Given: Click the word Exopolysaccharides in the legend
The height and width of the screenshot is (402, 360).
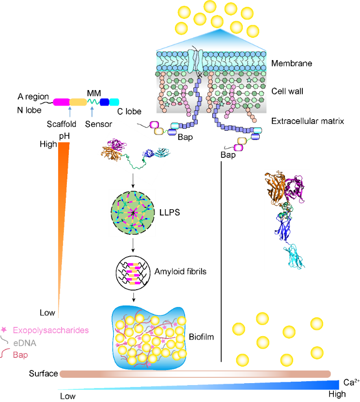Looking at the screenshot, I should (50, 330).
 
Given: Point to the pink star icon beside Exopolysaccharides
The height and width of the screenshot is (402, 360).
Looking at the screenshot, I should (4, 330).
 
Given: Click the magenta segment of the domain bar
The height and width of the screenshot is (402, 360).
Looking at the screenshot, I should (61, 102).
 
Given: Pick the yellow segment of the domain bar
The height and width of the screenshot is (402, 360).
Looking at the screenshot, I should (78, 102).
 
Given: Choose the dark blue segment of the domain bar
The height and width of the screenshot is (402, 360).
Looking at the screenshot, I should (104, 102).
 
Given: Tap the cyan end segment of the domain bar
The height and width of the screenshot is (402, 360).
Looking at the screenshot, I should (114, 102).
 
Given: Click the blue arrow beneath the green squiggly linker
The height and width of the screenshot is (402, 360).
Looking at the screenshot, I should (92, 112).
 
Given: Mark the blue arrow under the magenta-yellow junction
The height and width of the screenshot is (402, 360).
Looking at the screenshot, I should (70, 112).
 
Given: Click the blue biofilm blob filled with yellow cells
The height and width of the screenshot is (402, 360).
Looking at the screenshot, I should (149, 337).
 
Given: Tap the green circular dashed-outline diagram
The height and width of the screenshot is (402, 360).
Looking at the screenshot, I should (132, 213).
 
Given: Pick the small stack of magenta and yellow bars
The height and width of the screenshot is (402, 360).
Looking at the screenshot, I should (133, 274).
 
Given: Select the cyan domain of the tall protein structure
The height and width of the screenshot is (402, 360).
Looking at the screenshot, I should (295, 256).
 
